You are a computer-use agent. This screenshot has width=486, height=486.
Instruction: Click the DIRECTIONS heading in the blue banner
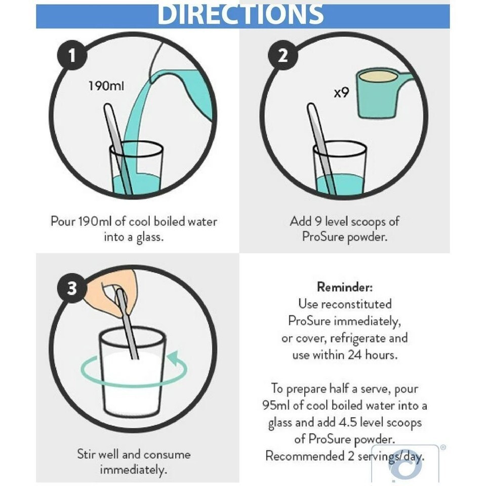(x=240, y=14)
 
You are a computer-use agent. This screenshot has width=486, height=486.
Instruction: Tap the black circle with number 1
(x=71, y=56)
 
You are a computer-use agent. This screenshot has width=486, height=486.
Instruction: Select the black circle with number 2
(x=283, y=56)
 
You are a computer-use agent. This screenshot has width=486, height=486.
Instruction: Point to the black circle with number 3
(x=71, y=288)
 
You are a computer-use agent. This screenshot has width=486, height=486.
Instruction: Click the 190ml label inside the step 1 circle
(x=106, y=86)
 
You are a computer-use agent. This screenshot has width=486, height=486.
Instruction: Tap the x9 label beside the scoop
(x=341, y=92)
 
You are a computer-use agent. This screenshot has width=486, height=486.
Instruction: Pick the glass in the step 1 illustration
(x=136, y=168)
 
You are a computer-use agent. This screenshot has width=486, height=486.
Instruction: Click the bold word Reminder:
(x=345, y=287)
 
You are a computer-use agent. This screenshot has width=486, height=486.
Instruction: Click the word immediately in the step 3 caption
(x=134, y=470)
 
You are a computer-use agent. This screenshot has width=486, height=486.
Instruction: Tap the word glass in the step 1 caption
(x=150, y=237)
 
